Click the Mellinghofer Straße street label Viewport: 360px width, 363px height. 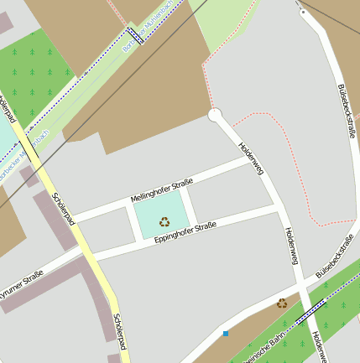pos(162,190)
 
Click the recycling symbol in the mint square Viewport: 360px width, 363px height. pos(164,222)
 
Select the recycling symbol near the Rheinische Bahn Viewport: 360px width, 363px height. pos(282,303)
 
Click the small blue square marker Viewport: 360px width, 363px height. pos(225,334)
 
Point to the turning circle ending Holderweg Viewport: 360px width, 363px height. pos(214,116)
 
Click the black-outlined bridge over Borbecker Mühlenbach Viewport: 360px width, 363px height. pos(134,36)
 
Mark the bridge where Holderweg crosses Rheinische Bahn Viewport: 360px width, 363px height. pos(309,314)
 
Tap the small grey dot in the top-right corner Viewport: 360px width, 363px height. pos(302,13)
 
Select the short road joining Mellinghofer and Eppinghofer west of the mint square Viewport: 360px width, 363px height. pos(133,222)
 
